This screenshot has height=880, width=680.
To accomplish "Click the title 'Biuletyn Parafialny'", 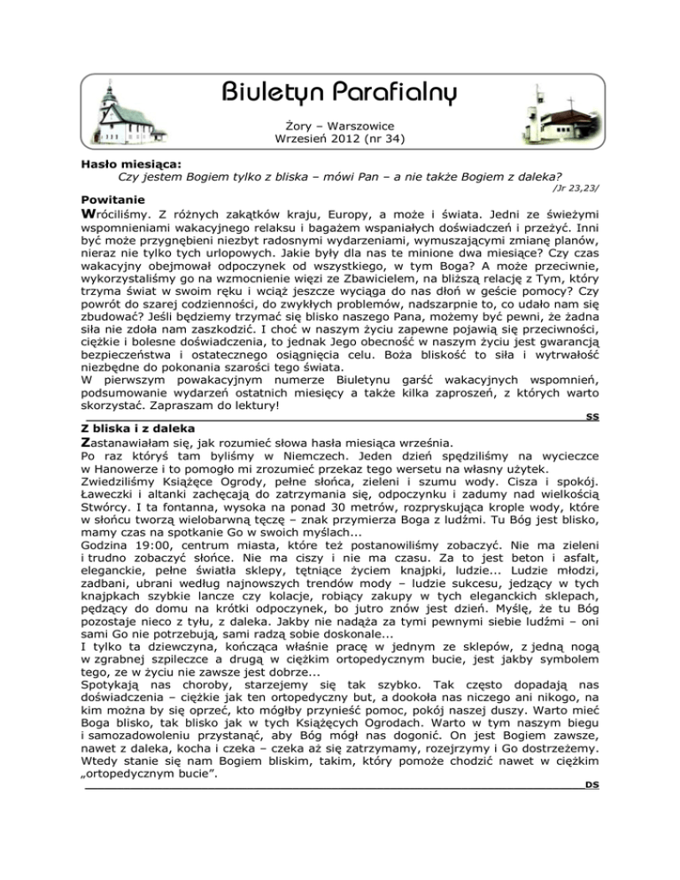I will [x=340, y=91].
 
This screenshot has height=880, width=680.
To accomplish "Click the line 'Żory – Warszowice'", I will [x=340, y=127].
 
